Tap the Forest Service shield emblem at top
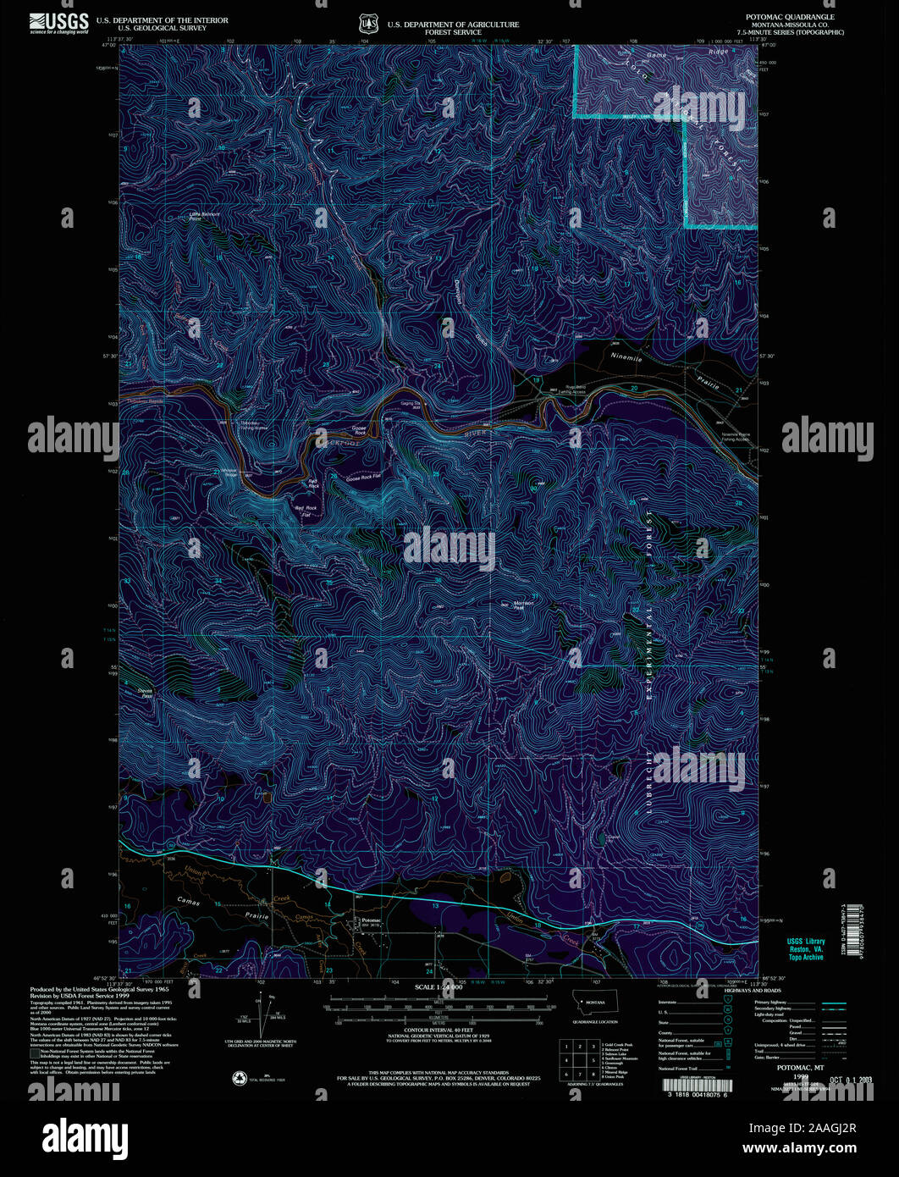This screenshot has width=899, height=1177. click(x=366, y=22)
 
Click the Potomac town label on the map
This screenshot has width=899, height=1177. click(x=371, y=920)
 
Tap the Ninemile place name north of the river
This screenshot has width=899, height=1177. click(x=627, y=358)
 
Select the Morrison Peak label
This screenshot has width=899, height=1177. click(x=524, y=605)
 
